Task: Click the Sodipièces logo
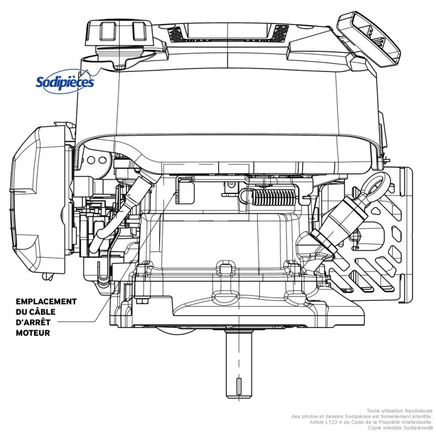(64, 82)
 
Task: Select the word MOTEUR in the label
(33, 332)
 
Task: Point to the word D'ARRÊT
(32, 322)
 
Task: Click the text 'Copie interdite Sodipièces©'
(400, 428)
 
